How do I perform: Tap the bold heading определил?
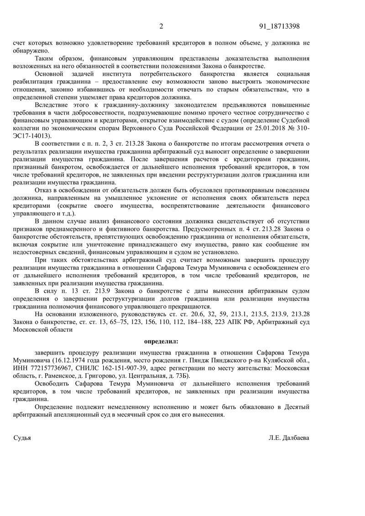tap(162, 341)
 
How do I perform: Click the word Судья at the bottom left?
tap(22, 438)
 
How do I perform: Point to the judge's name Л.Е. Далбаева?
tap(289, 438)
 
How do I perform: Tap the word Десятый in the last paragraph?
tap(297, 407)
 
